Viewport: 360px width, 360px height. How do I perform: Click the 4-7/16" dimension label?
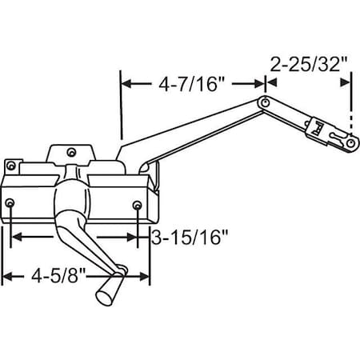[192, 84]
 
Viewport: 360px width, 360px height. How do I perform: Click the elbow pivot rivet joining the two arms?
[264, 102]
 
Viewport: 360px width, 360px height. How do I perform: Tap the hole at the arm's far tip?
[351, 142]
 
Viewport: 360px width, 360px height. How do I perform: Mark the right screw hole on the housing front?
[139, 206]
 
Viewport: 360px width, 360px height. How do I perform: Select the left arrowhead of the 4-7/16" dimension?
[125, 82]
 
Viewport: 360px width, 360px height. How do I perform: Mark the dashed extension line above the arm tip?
[351, 104]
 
